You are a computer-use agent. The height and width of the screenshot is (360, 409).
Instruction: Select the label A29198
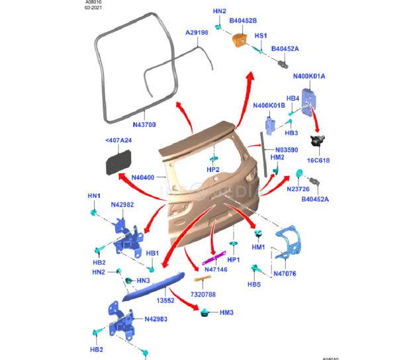(x=197, y=32)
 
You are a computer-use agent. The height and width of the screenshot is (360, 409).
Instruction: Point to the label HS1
(x=261, y=35)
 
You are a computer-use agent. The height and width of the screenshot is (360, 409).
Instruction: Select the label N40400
(x=142, y=177)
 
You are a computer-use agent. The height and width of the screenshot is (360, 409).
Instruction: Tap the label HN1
(x=94, y=196)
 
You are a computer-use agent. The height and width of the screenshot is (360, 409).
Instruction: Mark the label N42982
(x=122, y=204)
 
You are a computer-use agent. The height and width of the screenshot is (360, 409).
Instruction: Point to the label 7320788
(x=204, y=294)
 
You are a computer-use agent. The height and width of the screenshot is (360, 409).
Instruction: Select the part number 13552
(x=165, y=299)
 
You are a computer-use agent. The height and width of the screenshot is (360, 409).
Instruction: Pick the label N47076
(x=285, y=273)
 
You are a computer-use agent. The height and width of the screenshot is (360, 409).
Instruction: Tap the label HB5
(x=254, y=285)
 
